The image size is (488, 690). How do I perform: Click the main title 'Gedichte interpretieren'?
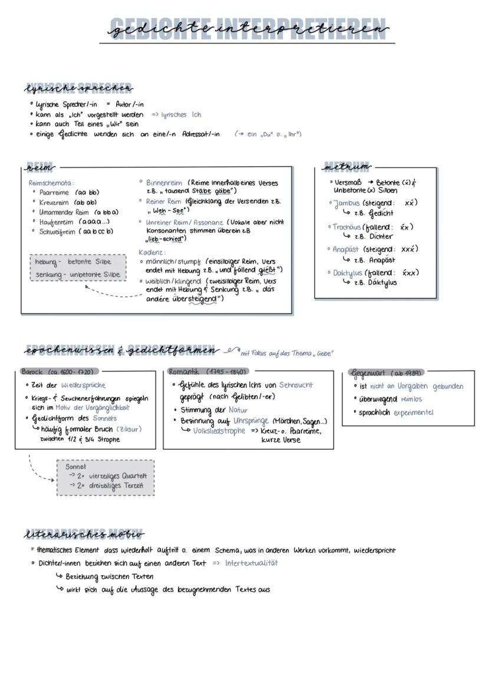[x=248, y=28]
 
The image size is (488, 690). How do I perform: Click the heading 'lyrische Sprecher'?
[x=78, y=89]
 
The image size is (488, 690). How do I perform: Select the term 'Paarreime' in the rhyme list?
[x=54, y=193]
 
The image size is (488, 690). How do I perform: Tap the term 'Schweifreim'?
[x=58, y=232]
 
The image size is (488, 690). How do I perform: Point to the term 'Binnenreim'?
[x=164, y=183]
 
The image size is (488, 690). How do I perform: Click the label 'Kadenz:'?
[x=152, y=252]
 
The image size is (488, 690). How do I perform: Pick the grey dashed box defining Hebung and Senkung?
[x=78, y=268]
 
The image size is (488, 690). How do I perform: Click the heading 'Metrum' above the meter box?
[x=347, y=167]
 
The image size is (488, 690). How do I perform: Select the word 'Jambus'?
[x=346, y=203]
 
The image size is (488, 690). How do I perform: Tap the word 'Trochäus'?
[x=346, y=227]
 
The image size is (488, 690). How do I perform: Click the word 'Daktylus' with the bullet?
[x=347, y=273]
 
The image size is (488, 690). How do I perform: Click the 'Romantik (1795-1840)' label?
[x=207, y=372]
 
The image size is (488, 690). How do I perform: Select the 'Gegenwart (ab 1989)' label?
[x=387, y=374]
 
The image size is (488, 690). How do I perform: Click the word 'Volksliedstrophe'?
[x=219, y=431]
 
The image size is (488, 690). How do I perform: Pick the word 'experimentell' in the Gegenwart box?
[x=413, y=412]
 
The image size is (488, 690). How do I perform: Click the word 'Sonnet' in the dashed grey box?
[x=75, y=467]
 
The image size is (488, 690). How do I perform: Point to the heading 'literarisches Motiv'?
[x=84, y=535]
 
